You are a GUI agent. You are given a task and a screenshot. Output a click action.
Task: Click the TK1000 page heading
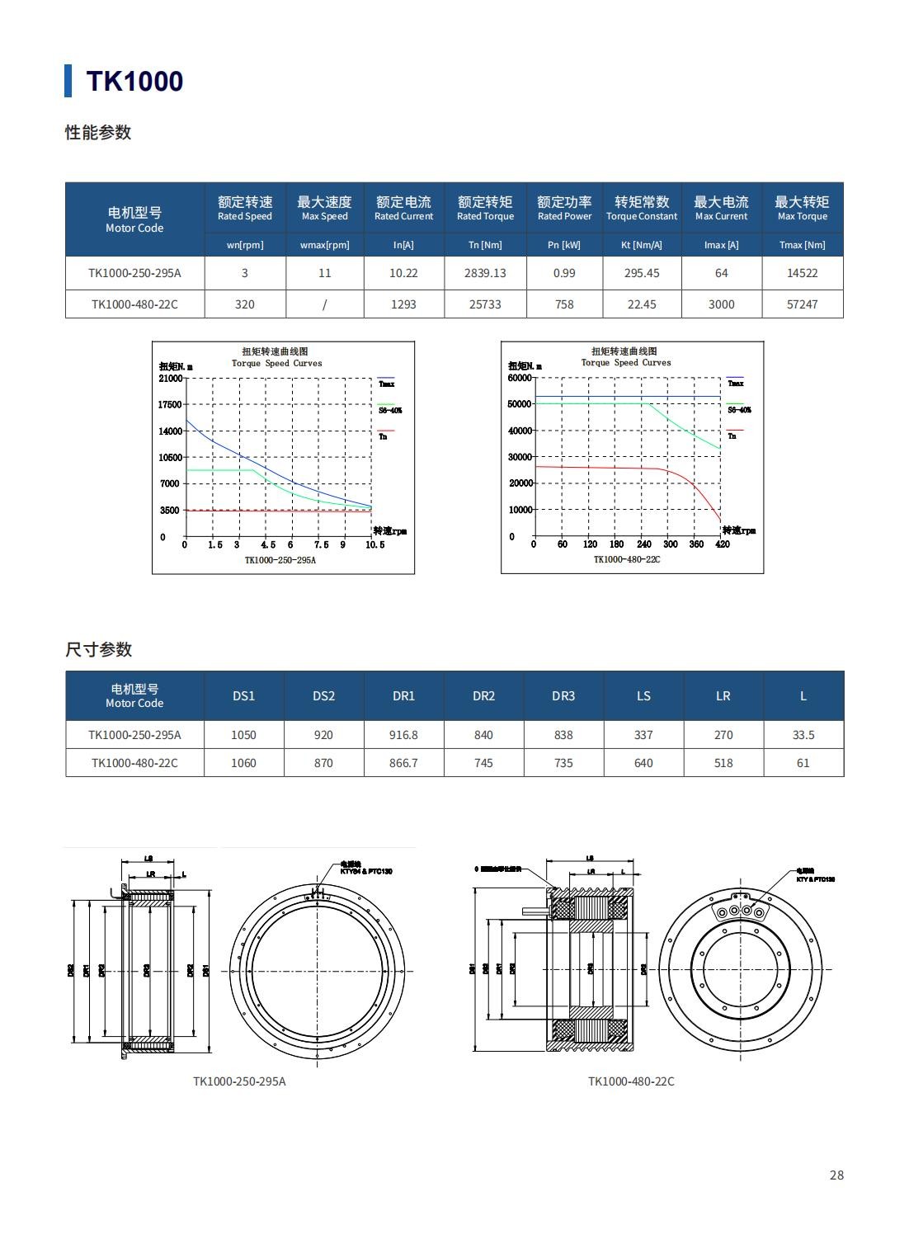[134, 81]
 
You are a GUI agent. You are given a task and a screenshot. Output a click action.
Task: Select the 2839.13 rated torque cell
[485, 273]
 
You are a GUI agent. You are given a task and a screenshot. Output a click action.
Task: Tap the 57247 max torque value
[802, 304]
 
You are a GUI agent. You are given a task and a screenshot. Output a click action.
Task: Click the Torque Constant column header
[642, 208]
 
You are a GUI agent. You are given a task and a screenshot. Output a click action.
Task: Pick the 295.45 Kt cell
[642, 273]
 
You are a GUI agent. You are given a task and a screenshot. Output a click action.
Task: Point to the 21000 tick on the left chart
[171, 379]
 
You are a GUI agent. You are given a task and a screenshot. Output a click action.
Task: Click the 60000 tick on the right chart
[520, 378]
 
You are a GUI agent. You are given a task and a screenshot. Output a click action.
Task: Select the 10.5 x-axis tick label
[374, 544]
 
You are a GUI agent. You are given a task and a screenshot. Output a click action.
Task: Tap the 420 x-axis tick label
[723, 544]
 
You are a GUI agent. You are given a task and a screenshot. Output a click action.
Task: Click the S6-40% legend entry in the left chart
[390, 410]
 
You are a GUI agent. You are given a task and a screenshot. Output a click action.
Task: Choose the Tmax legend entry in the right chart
[736, 384]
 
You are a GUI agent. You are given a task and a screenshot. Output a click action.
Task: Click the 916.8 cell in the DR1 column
[403, 735]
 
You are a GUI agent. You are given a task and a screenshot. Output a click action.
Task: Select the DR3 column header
[563, 696]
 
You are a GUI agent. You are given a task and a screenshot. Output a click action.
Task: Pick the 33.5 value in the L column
[803, 735]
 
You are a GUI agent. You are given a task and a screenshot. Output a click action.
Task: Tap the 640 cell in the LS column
[643, 763]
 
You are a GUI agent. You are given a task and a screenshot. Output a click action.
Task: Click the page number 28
[836, 1175]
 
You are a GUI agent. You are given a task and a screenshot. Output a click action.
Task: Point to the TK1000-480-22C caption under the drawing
[631, 1081]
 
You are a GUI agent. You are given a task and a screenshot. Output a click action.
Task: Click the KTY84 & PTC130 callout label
[366, 871]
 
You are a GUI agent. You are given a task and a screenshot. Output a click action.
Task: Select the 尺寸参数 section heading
[99, 650]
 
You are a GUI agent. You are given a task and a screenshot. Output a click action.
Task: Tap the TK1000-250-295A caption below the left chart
[280, 560]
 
